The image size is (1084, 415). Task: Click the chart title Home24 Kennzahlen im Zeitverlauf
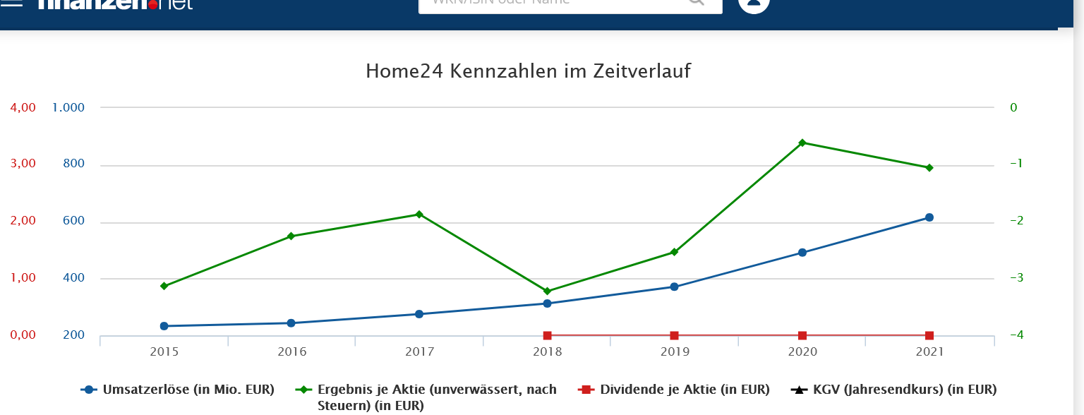pyautogui.click(x=528, y=71)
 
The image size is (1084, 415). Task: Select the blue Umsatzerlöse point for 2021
pyautogui.click(x=929, y=217)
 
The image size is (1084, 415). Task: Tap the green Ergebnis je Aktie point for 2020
pyautogui.click(x=802, y=143)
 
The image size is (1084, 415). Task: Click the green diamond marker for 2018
pyautogui.click(x=547, y=291)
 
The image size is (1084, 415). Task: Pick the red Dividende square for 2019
pyautogui.click(x=674, y=335)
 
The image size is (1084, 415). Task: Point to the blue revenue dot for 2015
pyautogui.click(x=164, y=326)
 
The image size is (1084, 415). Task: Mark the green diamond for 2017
pyautogui.click(x=419, y=214)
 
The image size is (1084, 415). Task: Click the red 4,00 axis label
pyautogui.click(x=22, y=108)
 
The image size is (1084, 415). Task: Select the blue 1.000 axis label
pyautogui.click(x=68, y=108)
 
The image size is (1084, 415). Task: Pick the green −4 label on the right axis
pyautogui.click(x=1017, y=335)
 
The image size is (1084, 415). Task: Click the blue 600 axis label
pyautogui.click(x=73, y=221)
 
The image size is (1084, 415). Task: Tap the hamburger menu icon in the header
pyautogui.click(x=13, y=3)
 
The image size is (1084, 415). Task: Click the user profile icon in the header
pyautogui.click(x=753, y=4)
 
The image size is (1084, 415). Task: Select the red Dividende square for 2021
pyautogui.click(x=929, y=335)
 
